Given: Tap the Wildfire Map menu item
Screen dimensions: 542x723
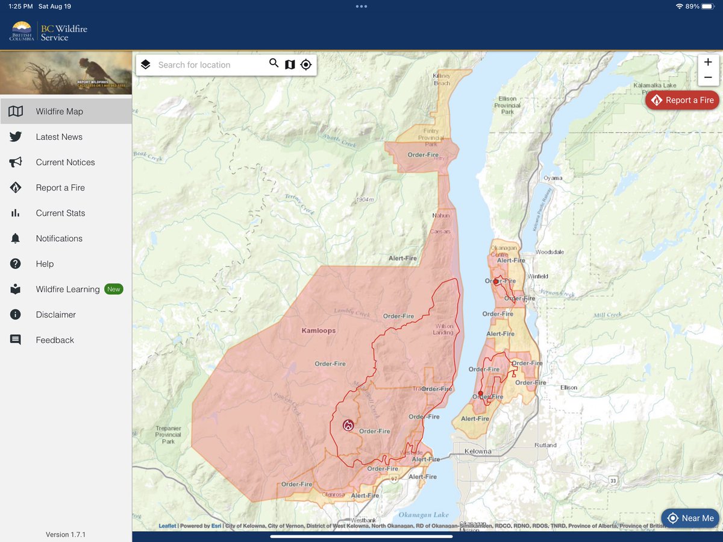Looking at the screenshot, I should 59,112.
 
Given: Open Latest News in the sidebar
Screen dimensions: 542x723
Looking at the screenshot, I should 59,137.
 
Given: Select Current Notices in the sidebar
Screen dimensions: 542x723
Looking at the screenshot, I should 65,162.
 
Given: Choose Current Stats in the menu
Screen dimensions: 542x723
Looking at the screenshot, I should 60,213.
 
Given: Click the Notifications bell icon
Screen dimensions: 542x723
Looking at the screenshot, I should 16,239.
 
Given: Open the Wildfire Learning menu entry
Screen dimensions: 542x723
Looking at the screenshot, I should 67,289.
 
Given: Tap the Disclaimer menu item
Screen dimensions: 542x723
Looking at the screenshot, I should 55,315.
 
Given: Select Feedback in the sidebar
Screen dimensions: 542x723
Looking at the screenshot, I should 55,340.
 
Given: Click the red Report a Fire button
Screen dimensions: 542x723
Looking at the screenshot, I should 682,100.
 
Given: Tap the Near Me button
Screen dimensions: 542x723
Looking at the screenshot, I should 690,518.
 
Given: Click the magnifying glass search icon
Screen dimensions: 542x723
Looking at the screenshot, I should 274,64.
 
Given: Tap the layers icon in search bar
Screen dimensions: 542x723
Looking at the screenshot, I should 145,65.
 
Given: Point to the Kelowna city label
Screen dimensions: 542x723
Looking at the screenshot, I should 478,451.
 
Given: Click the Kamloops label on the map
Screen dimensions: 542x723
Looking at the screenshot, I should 318,331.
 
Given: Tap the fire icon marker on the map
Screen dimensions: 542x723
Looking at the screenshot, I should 348,425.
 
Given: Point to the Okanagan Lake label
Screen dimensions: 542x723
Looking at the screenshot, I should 424,515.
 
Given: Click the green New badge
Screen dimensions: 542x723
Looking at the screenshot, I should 113,289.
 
